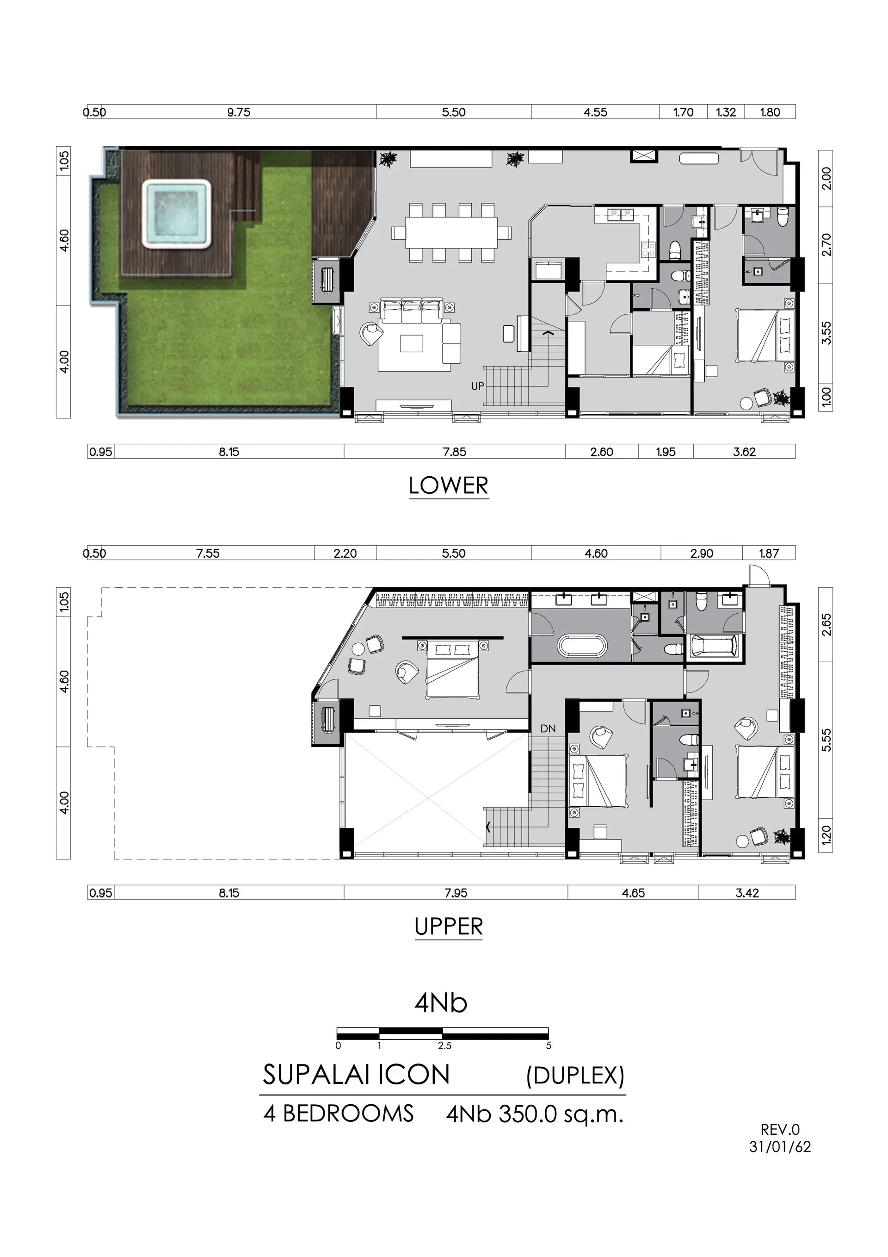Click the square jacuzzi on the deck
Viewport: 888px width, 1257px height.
177,214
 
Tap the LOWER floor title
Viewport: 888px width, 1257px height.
449,485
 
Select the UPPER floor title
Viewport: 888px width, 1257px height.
449,927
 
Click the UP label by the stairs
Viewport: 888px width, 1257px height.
478,386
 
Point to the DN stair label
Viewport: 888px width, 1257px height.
548,728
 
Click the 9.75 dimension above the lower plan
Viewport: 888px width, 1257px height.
239,112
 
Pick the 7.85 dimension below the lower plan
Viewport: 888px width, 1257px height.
455,452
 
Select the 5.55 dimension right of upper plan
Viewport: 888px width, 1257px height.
826,740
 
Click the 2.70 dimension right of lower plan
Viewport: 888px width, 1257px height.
826,244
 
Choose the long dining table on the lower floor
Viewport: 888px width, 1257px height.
451,233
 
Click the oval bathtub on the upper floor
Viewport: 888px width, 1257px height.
582,644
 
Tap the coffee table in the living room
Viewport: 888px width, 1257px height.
412,343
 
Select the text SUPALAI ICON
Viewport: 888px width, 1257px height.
356,1075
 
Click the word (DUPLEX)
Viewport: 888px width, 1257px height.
575,1077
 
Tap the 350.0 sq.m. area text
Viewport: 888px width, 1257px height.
561,1114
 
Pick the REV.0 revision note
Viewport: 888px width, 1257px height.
780,1129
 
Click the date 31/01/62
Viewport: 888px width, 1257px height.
780,1147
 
